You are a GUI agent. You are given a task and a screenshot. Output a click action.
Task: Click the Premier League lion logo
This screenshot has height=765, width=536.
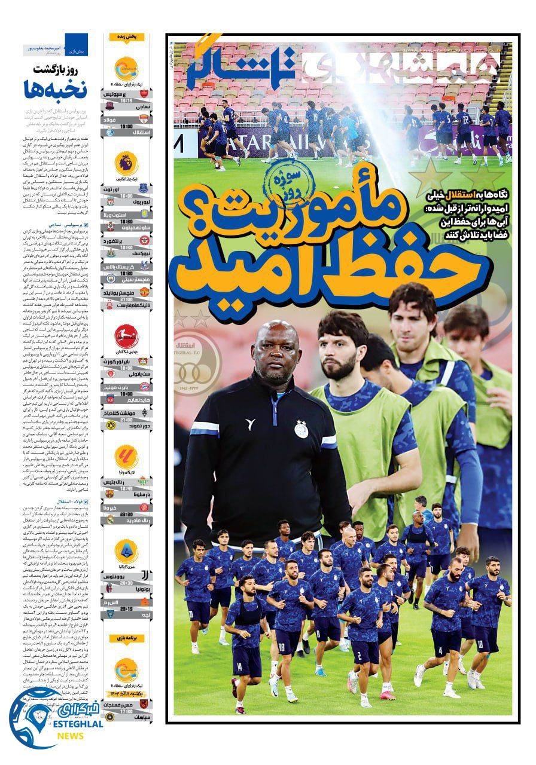point(126,163)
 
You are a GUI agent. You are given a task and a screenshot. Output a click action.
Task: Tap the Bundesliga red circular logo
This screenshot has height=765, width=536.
point(126,336)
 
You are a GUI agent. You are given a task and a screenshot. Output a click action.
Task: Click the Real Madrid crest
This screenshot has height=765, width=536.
point(109,521)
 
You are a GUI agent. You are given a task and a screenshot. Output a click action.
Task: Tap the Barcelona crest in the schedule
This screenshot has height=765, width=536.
point(109,494)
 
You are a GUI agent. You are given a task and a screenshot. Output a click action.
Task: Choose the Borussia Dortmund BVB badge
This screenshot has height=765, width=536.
point(110,424)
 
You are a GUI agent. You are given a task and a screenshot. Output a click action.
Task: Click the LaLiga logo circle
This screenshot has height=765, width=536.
point(126,457)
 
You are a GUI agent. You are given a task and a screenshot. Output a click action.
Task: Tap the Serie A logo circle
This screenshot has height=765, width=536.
point(126,551)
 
